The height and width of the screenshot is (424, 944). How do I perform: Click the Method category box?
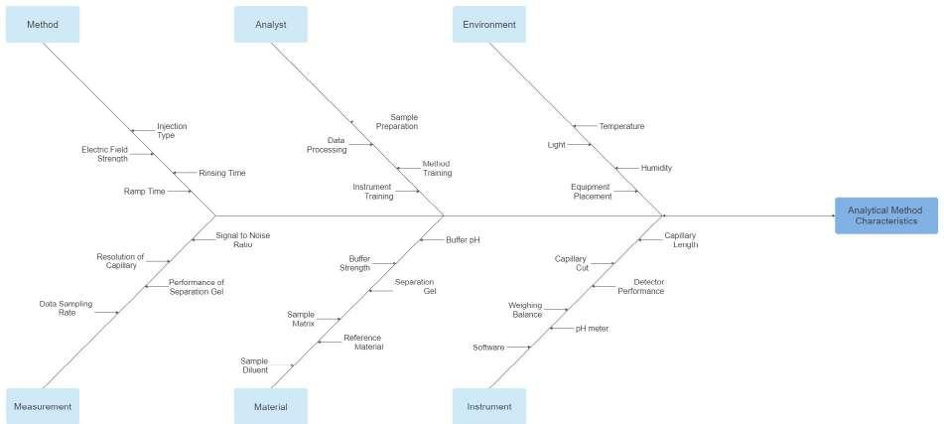[42, 24]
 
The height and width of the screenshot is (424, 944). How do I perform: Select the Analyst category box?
[270, 24]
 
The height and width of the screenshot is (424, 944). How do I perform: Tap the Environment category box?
[489, 24]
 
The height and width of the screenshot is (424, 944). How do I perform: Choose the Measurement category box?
[42, 406]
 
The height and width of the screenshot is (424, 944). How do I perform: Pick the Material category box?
[270, 406]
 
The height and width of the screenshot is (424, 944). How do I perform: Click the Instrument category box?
[489, 406]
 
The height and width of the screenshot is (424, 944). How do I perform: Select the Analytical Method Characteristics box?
[885, 215]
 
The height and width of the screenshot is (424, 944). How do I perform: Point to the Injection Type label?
[172, 131]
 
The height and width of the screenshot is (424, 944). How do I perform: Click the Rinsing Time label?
[221, 173]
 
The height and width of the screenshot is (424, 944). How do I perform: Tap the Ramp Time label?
[144, 191]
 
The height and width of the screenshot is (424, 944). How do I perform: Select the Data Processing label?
[327, 145]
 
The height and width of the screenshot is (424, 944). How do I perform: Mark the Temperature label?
[621, 126]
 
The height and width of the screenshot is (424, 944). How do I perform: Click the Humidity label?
[656, 168]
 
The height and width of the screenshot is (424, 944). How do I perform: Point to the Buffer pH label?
[463, 239]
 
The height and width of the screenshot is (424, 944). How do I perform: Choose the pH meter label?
[592, 328]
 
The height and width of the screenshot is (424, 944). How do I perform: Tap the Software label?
[488, 348]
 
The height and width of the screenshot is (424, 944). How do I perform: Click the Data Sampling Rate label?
[58, 308]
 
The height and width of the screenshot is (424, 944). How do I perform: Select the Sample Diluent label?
[254, 365]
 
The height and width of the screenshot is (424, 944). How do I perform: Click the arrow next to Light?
[581, 145]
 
